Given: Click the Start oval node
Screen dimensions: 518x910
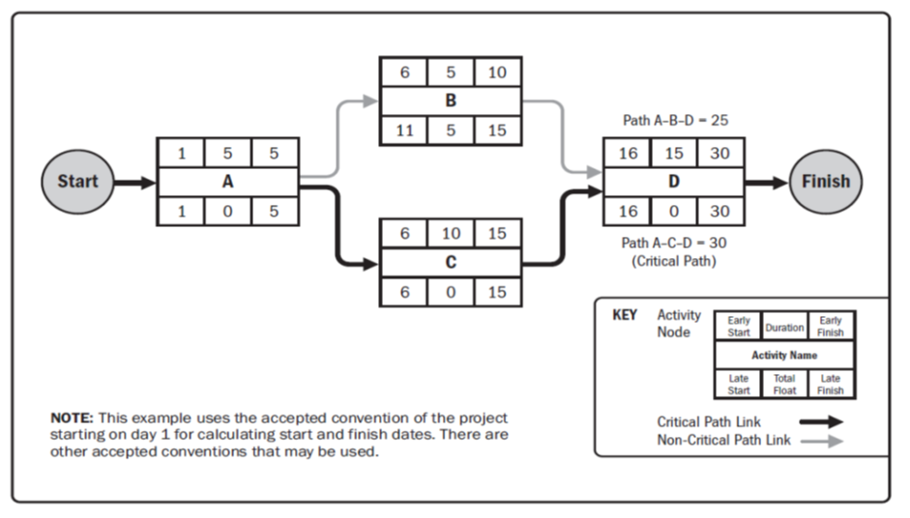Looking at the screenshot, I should pyautogui.click(x=78, y=181).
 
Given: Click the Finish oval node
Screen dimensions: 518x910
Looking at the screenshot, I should pyautogui.click(x=825, y=181).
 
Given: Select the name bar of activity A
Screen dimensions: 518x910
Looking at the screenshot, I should pyautogui.click(x=227, y=181).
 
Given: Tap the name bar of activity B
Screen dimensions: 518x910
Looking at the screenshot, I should pyautogui.click(x=451, y=101).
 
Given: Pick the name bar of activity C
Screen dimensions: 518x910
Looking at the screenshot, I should pyautogui.click(x=451, y=263).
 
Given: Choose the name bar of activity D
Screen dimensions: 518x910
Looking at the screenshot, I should pyautogui.click(x=674, y=181).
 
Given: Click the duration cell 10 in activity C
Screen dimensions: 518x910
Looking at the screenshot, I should pyautogui.click(x=451, y=235).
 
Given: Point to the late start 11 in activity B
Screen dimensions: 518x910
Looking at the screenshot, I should pyautogui.click(x=405, y=129).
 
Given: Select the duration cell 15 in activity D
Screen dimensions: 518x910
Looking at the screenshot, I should pyautogui.click(x=674, y=153).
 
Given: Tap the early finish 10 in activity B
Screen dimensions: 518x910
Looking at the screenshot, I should pyautogui.click(x=497, y=72).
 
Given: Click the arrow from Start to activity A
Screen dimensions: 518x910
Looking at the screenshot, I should pyautogui.click(x=134, y=181).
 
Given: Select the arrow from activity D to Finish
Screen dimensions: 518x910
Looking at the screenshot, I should pyautogui.click(x=766, y=181).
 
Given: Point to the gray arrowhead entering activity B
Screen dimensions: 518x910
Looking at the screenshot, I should pyautogui.click(x=370, y=100).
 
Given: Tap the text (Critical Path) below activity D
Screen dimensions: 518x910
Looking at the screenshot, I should pyautogui.click(x=673, y=261).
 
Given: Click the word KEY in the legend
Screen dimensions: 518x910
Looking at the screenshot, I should pyautogui.click(x=625, y=315).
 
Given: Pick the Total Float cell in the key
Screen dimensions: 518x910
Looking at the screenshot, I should pyautogui.click(x=784, y=385).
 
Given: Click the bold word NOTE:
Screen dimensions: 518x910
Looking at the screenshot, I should pyautogui.click(x=73, y=417).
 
